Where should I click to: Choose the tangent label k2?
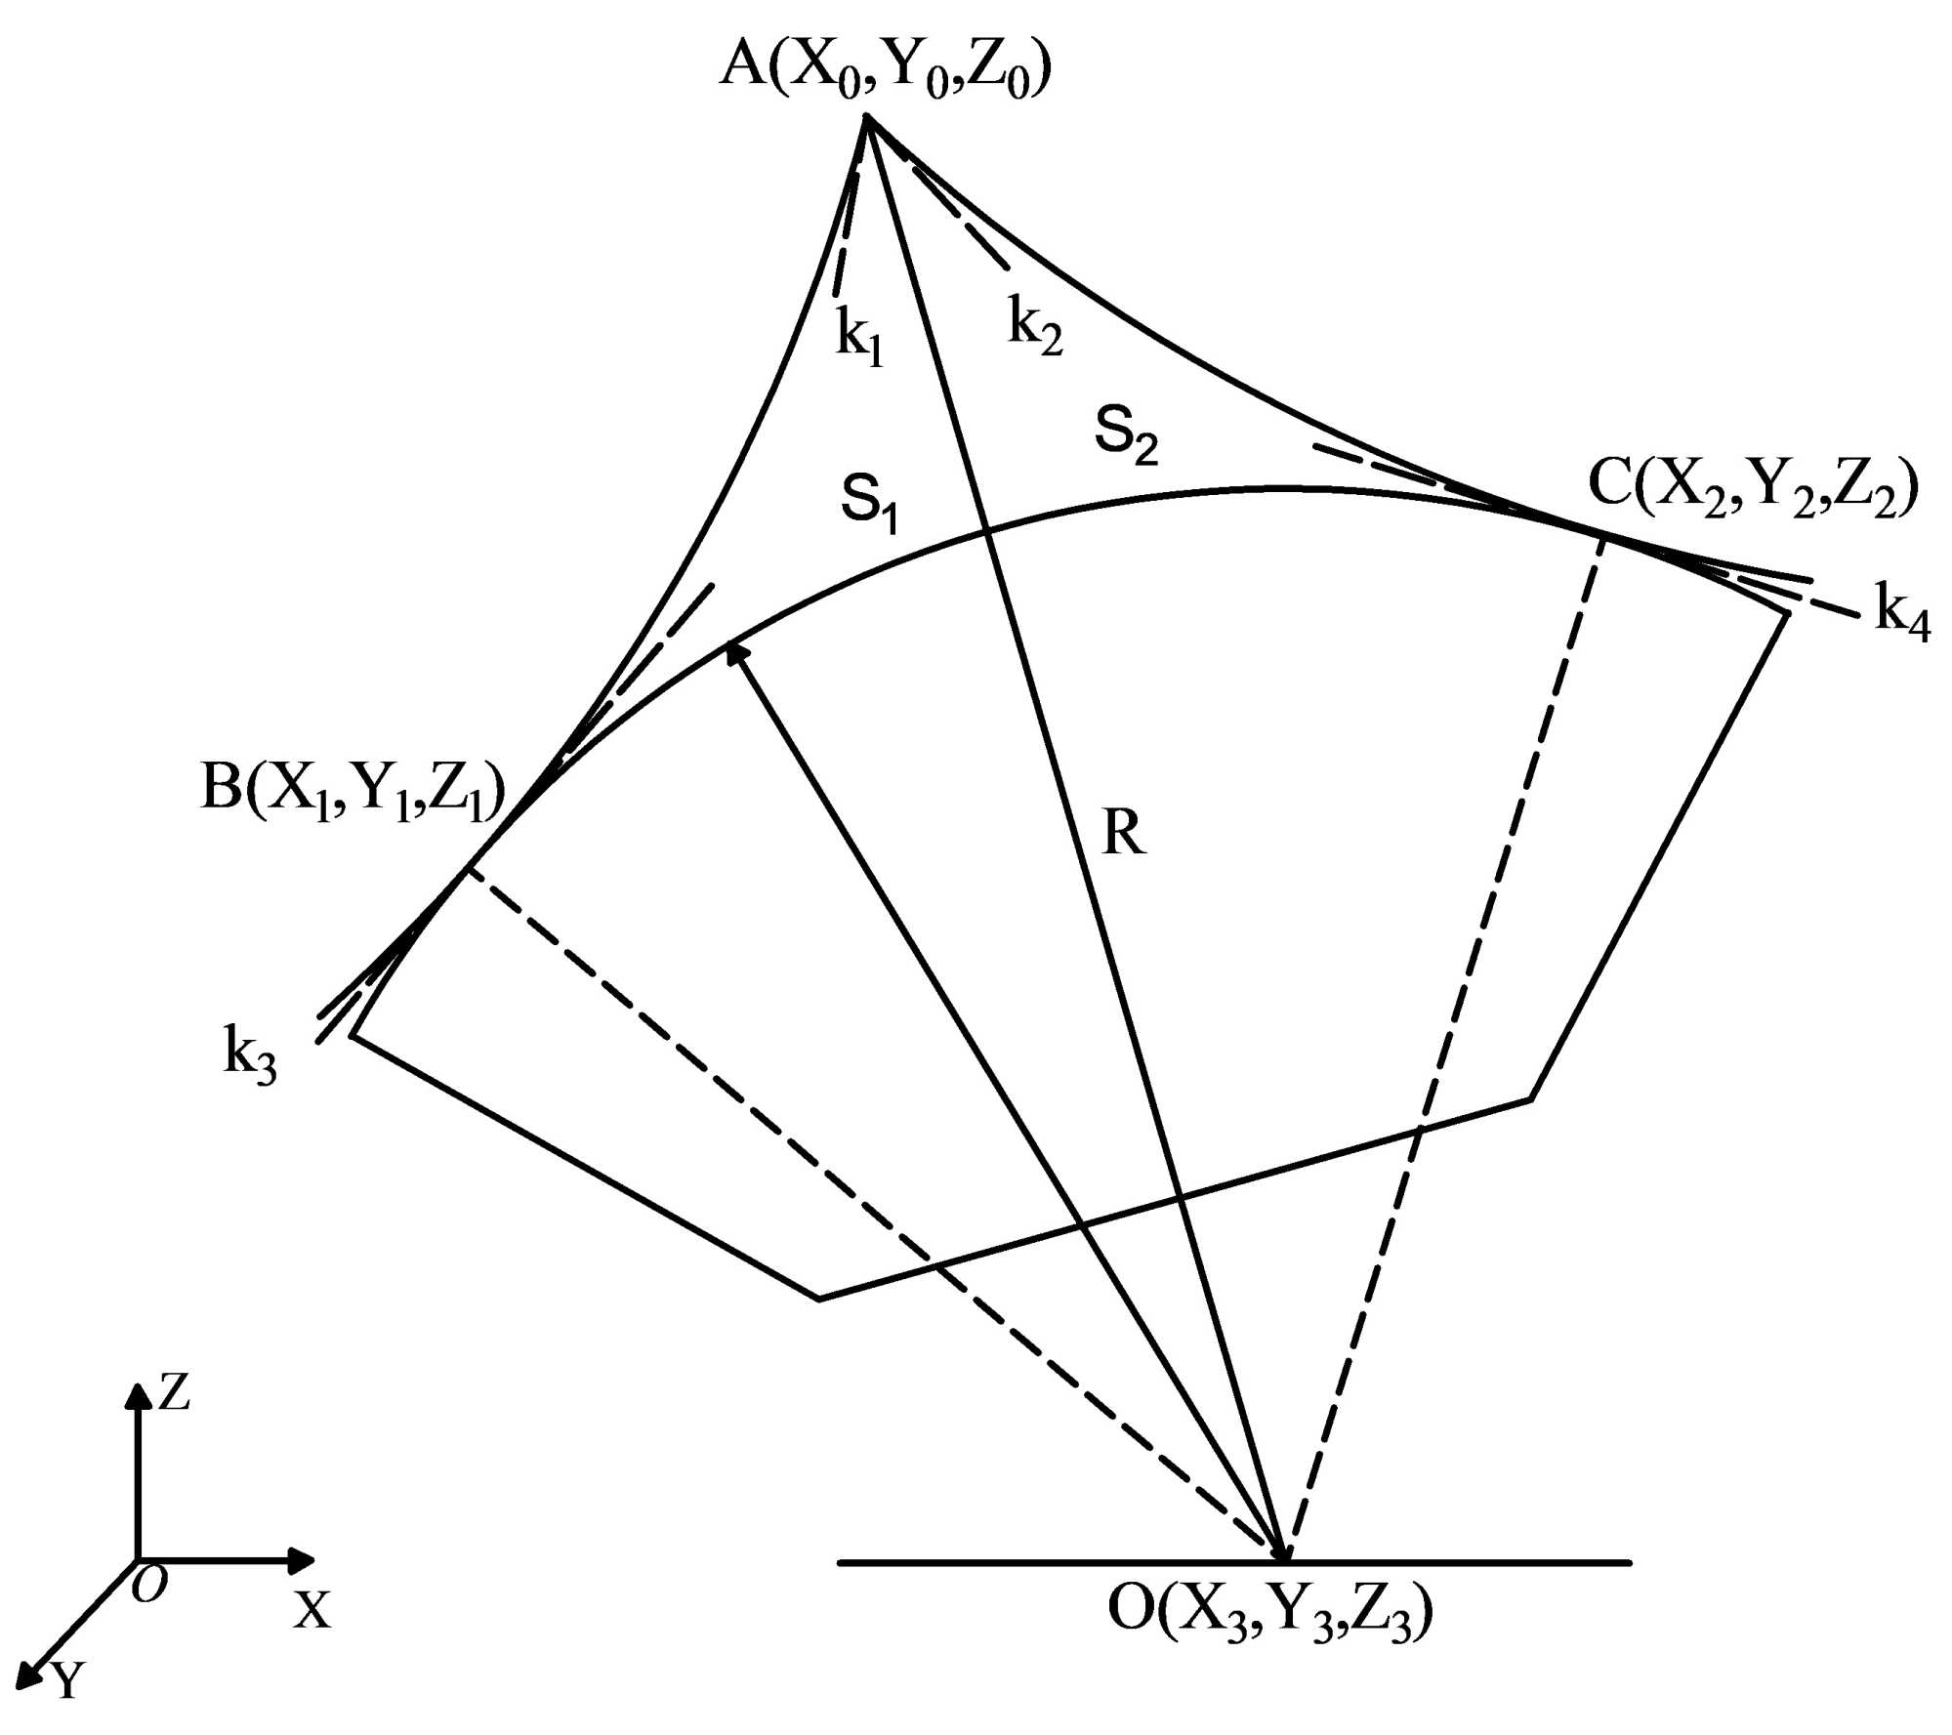(x=1035, y=326)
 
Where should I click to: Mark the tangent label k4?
(x=1902, y=614)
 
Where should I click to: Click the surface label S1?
(x=869, y=504)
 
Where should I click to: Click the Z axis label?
(x=174, y=1392)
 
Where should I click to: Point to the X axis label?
(x=312, y=1609)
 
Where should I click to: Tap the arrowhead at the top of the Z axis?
(x=137, y=1397)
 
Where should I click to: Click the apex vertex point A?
(x=866, y=118)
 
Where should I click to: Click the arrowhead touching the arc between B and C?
(x=735, y=653)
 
